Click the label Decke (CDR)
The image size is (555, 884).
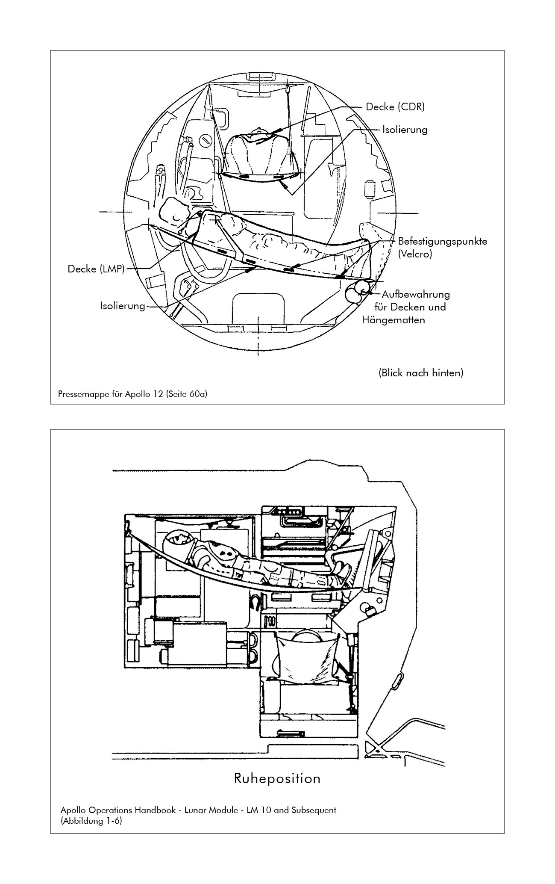pyautogui.click(x=395, y=107)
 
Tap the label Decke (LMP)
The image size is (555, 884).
pyautogui.click(x=96, y=269)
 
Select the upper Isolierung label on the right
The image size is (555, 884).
pyautogui.click(x=405, y=130)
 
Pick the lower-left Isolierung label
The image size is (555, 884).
pyautogui.click(x=123, y=306)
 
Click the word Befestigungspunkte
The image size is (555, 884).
pyautogui.click(x=442, y=241)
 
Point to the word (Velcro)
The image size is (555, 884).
pyautogui.click(x=415, y=254)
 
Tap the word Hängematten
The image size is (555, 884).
pyautogui.click(x=393, y=319)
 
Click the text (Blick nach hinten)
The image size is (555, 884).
pyautogui.click(x=420, y=373)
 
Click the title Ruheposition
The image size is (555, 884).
pyautogui.click(x=277, y=778)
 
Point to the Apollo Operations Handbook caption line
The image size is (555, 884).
pyautogui.click(x=198, y=810)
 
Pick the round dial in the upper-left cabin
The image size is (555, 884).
pyautogui.click(x=206, y=139)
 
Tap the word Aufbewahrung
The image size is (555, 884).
pyautogui.click(x=415, y=294)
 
